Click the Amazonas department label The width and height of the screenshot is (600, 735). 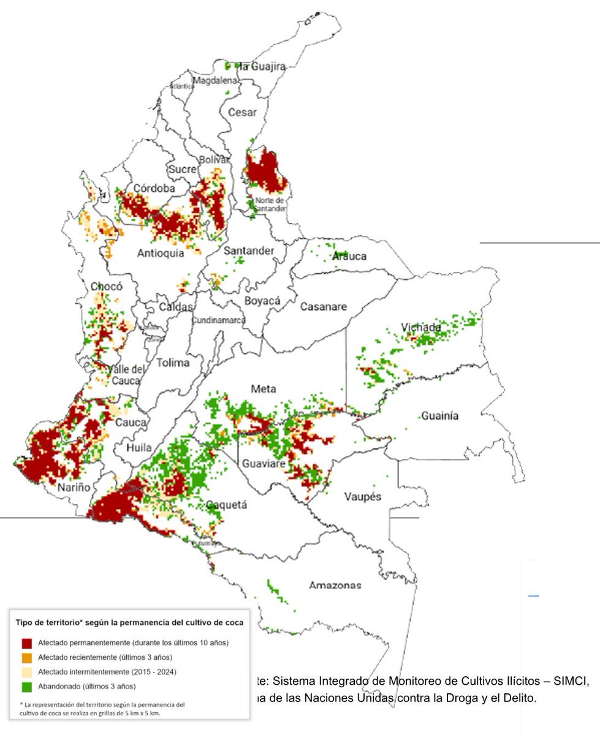335,585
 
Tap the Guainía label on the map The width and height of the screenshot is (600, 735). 439,417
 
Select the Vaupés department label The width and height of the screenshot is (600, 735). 363,496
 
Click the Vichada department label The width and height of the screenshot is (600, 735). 421,328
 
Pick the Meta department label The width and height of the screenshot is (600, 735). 264,389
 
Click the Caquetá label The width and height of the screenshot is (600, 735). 226,505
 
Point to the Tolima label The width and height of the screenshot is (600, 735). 173,363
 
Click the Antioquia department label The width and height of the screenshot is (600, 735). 161,253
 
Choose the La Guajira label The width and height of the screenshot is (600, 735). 262,67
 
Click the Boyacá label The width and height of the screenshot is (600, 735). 262,301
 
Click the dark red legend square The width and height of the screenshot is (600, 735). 26,644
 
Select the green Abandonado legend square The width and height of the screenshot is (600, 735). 26,686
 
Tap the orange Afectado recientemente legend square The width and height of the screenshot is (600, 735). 26,658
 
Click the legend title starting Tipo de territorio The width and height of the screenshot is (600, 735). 129,622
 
